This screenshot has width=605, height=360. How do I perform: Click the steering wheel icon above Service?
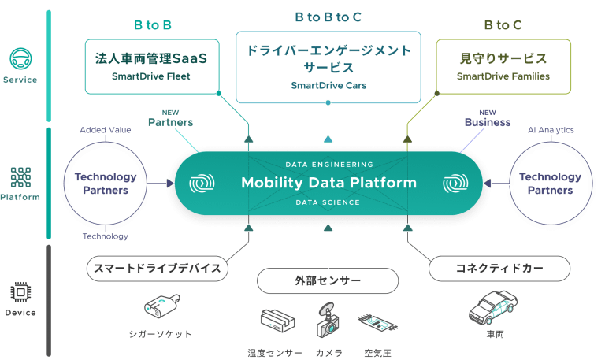(x=20, y=58)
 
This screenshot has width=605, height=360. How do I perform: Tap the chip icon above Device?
(x=20, y=292)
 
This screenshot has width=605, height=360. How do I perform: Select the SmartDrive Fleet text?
(x=151, y=76)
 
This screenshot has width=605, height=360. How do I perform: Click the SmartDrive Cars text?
(x=328, y=85)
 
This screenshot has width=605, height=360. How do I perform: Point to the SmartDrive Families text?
(x=503, y=76)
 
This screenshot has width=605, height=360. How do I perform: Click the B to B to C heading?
(x=328, y=17)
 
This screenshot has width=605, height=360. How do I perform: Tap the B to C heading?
(x=503, y=25)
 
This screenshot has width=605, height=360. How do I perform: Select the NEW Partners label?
(x=170, y=118)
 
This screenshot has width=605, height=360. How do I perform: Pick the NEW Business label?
(x=488, y=118)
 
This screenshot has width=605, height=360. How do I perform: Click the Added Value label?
(x=106, y=130)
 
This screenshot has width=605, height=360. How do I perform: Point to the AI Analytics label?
(x=551, y=130)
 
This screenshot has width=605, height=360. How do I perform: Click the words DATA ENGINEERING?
(x=329, y=165)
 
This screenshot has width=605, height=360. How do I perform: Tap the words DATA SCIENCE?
(x=328, y=202)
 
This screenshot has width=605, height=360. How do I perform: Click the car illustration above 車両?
(x=492, y=307)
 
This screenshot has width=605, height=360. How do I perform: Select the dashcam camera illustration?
(x=328, y=321)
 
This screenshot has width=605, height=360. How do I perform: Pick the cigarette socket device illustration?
(x=161, y=306)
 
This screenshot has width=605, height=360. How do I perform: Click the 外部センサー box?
(x=328, y=281)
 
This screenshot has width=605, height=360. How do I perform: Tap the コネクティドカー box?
(x=499, y=269)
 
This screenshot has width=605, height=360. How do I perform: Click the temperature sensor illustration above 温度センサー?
(x=277, y=321)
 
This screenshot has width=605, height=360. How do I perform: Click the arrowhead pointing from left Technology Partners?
(x=170, y=184)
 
